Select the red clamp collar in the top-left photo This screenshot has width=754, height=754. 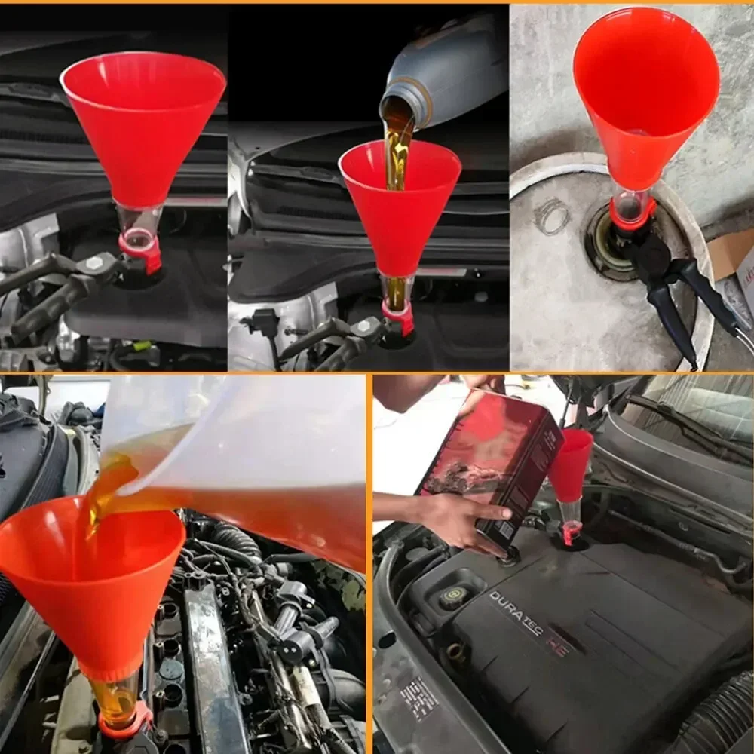[141, 253]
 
